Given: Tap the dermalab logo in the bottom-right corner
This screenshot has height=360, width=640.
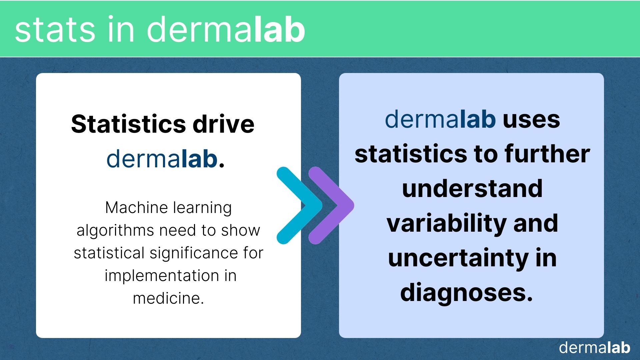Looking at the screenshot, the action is (595, 347).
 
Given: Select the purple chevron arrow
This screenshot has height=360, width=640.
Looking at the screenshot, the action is (331, 205).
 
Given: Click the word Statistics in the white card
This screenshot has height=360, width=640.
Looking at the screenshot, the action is (128, 124).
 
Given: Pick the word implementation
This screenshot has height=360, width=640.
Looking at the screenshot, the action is (161, 276).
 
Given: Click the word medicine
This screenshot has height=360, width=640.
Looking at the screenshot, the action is (168, 298).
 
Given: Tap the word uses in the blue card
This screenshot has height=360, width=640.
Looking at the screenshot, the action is (531, 120).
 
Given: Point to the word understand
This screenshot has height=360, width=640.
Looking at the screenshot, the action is (472, 188).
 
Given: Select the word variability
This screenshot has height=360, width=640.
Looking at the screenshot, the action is (447, 224).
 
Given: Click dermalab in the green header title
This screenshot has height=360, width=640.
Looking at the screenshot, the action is (226, 29).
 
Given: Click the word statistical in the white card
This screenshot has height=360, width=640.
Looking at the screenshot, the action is (109, 253).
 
